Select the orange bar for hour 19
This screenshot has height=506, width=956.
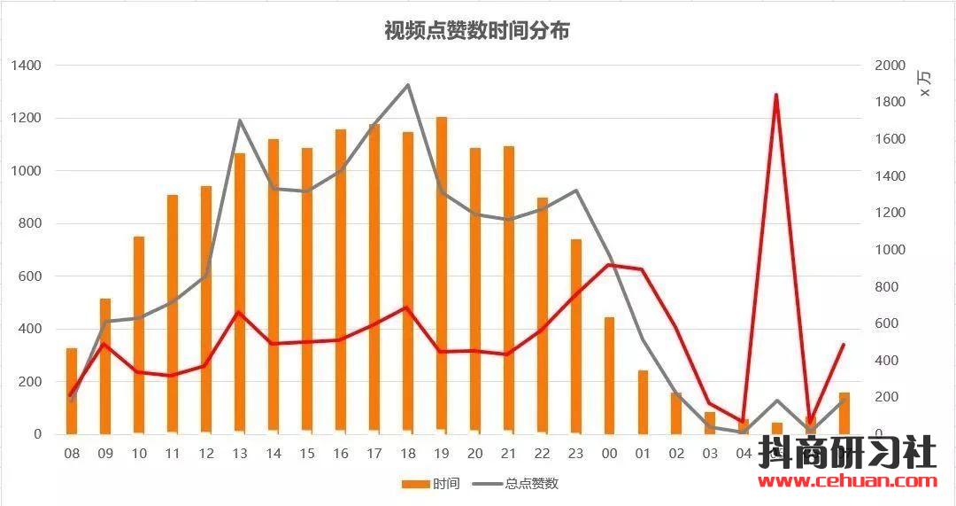click(442, 275)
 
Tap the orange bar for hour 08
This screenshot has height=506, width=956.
click(72, 391)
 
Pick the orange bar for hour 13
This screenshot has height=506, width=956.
click(240, 292)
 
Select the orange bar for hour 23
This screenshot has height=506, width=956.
click(575, 336)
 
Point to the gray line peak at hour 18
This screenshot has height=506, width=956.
click(408, 85)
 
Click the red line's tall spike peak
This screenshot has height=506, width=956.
click(776, 95)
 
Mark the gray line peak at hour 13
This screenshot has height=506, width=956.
click(240, 121)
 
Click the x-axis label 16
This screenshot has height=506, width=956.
click(341, 454)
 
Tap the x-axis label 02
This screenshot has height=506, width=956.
click(677, 454)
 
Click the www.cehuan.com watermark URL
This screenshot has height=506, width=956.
click(847, 482)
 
